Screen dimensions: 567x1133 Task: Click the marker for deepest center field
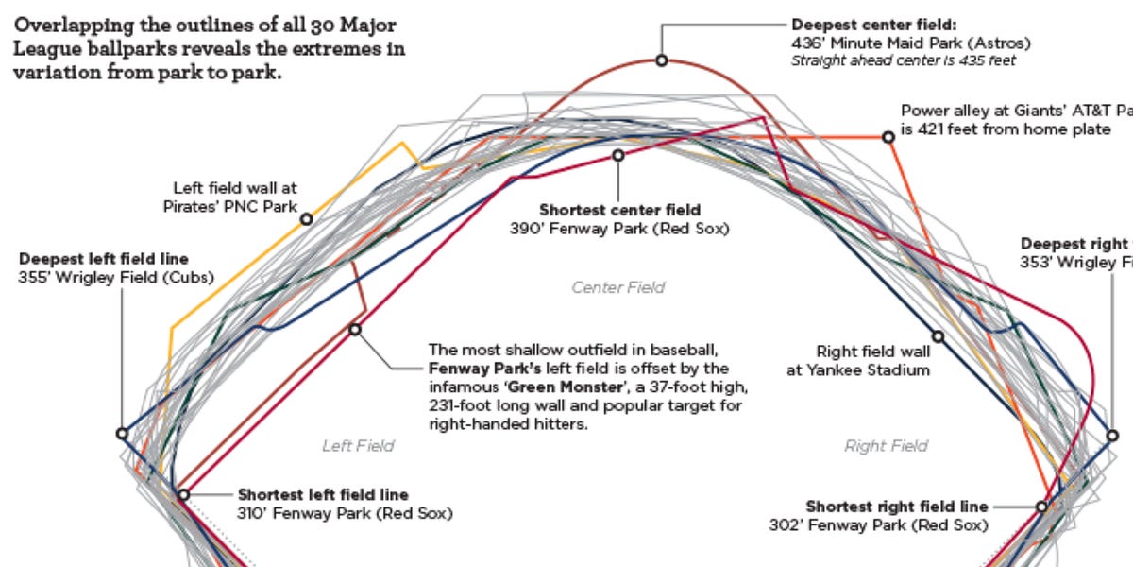tap(662, 60)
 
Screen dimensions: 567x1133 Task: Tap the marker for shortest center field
tap(618, 155)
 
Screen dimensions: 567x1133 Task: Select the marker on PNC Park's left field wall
tap(306, 218)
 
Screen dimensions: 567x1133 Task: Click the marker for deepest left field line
tap(122, 433)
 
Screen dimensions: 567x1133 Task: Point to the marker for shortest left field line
tap(183, 493)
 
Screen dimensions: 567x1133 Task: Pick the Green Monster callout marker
tap(355, 329)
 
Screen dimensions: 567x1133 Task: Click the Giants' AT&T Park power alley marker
tap(888, 137)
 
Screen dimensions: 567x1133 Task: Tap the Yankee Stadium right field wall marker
tap(938, 335)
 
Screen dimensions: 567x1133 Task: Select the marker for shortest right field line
tap(1041, 507)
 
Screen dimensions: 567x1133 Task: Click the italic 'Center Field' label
tap(618, 287)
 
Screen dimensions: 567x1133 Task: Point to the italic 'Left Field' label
tap(358, 445)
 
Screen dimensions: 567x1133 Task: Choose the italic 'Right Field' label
tap(886, 445)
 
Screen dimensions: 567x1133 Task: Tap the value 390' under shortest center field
tap(526, 228)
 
